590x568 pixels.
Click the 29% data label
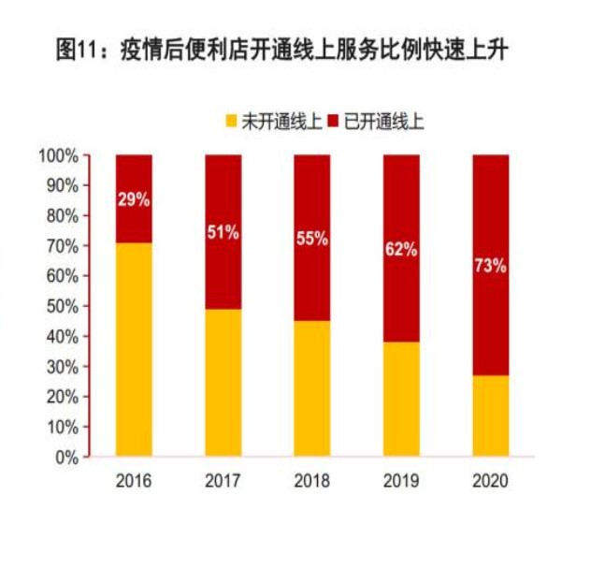point(134,200)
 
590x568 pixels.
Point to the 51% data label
point(223,233)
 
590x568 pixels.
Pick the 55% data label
point(312,239)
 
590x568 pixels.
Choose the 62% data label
point(401,249)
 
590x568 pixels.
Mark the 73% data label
point(490,266)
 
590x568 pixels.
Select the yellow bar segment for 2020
point(490,415)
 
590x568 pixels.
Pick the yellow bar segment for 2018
point(312,388)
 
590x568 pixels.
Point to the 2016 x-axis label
point(134,482)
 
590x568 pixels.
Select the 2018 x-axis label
point(312,482)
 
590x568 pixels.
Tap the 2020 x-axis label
point(490,482)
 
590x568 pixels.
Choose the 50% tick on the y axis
point(61,306)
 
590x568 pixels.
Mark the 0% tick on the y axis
point(65,458)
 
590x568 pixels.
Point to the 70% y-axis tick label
point(61,246)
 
